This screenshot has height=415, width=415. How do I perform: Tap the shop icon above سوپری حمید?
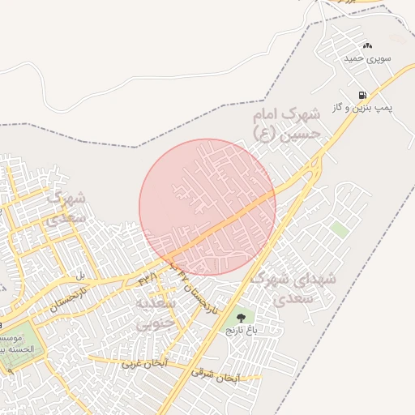pos(367,45)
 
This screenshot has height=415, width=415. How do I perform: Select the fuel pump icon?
pos(362,95)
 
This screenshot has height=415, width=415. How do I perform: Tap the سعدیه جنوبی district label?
pos(155,313)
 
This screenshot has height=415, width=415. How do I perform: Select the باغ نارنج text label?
pos(240,331)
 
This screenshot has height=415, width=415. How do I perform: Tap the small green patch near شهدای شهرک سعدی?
pos(340,230)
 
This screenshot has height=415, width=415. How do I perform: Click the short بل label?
pos(80,276)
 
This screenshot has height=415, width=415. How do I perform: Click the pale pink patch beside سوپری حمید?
pos(397,38)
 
